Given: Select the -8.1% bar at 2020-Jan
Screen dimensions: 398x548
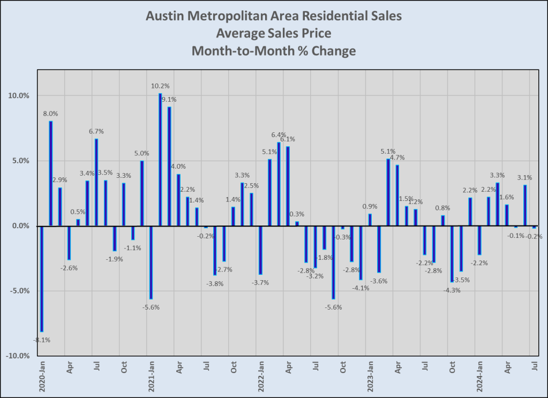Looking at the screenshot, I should tap(41, 279).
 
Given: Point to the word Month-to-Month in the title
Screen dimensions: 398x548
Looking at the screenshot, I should tap(235, 52).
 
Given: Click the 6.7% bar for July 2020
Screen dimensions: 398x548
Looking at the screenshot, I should tap(96, 182).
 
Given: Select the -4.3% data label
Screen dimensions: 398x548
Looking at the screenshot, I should tap(452, 290).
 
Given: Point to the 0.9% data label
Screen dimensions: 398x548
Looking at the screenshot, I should tap(370, 206).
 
